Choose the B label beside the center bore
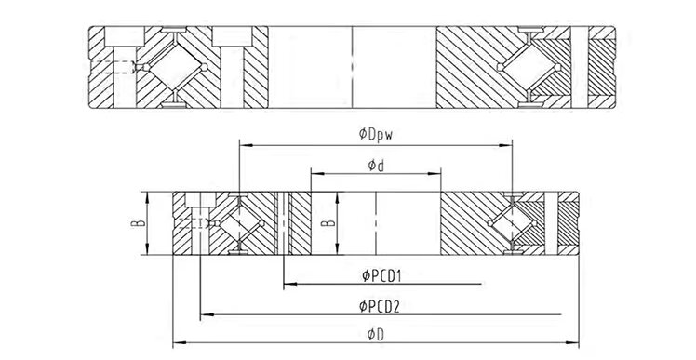click(x=324, y=223)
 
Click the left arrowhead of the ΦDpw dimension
click(x=243, y=144)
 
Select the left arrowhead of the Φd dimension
click(x=314, y=175)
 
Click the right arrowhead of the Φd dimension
click(x=437, y=175)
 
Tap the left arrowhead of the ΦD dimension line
click(x=177, y=341)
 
